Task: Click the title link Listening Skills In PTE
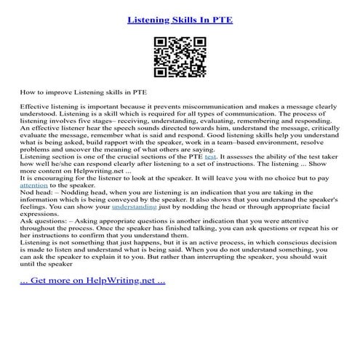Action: pos(180,15)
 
